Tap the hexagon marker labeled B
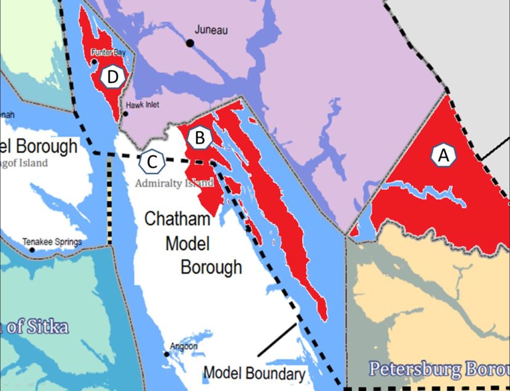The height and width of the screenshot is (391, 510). (x=199, y=138)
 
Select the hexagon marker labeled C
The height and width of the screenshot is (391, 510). (x=152, y=162)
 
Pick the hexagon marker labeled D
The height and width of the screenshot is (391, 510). (x=113, y=77)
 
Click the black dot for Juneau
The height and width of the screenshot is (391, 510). (x=190, y=42)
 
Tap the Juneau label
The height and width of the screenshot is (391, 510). (x=211, y=30)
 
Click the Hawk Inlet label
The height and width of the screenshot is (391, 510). (x=143, y=105)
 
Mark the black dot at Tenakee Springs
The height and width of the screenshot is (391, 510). (x=25, y=242)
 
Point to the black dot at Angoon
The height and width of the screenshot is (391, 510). (x=167, y=354)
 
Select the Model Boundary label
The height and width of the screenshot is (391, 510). (x=254, y=374)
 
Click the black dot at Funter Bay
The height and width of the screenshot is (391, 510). (x=94, y=61)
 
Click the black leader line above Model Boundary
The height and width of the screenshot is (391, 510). (x=277, y=339)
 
